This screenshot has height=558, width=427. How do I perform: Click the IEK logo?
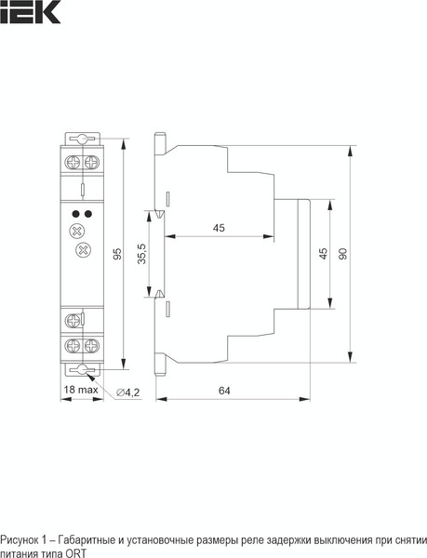30,11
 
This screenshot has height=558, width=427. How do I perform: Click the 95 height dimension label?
117,253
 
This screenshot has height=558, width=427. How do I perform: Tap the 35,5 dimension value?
142,253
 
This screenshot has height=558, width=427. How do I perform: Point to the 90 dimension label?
344,253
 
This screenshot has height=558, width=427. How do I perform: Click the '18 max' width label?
82,391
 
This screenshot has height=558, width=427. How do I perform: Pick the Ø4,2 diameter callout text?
128,392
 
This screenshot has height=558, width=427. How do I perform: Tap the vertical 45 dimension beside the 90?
323,253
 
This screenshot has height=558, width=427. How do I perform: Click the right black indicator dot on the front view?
87,214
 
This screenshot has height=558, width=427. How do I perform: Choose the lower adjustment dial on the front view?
81,249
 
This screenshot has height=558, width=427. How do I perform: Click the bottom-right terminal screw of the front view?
90,345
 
